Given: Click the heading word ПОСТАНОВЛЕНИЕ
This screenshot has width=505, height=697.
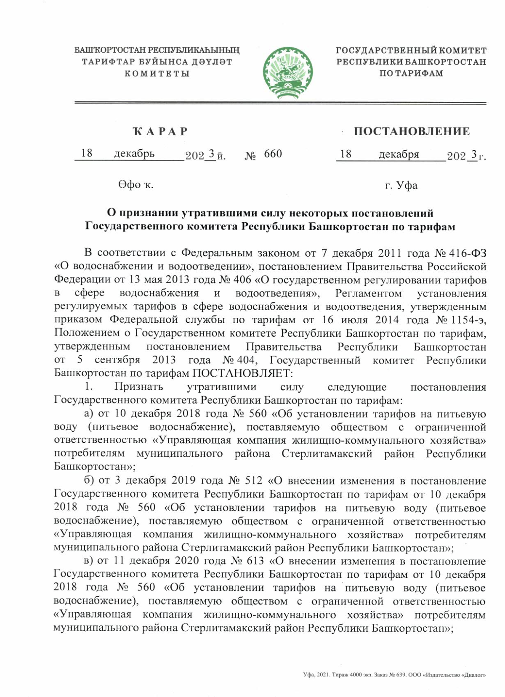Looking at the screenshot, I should [411, 131].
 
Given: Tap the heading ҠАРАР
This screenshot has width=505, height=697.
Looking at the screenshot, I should [160, 131].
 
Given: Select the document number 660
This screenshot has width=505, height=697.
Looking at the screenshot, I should [273, 154].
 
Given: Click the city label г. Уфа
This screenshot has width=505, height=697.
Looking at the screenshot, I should [401, 186].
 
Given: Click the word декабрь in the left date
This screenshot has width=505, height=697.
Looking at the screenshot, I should [134, 154].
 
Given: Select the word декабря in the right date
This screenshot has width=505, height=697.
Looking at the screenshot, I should [399, 154].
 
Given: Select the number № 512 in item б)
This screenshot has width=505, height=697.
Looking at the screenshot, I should [245, 481].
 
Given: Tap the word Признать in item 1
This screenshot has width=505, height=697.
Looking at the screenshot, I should [138, 387].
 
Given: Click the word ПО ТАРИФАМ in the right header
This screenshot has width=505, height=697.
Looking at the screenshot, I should [411, 74].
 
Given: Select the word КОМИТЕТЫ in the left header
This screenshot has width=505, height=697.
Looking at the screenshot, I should [156, 74].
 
